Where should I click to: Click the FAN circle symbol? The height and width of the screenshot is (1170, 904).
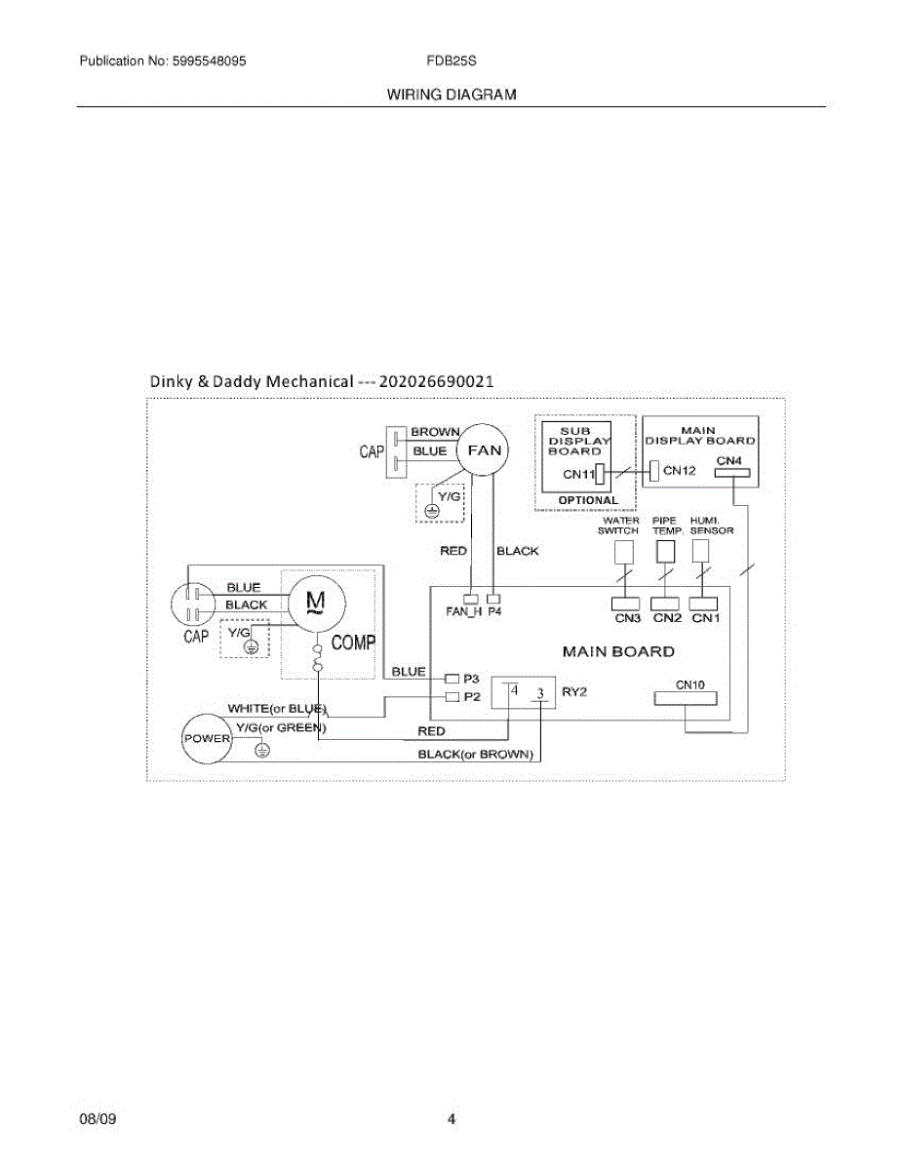(485, 450)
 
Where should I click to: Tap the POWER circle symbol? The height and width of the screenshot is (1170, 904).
(206, 738)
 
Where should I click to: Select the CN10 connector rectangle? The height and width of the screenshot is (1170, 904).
(689, 698)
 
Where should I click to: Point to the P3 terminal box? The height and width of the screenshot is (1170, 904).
(452, 678)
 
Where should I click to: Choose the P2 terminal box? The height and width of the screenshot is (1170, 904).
(452, 697)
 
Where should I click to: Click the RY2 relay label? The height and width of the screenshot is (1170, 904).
(572, 691)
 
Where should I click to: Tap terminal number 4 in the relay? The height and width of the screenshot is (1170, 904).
(514, 689)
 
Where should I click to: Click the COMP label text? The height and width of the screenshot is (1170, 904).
(353, 643)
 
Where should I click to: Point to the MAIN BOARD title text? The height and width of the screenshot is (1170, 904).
(618, 651)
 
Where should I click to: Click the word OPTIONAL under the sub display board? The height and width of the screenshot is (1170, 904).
(588, 500)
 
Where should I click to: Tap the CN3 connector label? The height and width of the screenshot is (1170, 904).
(627, 618)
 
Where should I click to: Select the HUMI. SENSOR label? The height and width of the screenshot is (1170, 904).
(711, 526)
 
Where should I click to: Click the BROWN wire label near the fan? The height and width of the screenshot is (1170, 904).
(435, 431)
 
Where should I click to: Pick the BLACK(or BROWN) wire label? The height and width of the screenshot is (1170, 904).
(476, 755)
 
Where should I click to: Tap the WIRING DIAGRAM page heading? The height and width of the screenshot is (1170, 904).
(452, 95)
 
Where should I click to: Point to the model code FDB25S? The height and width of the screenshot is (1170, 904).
(451, 60)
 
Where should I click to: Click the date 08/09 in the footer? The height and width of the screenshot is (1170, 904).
(98, 1119)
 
